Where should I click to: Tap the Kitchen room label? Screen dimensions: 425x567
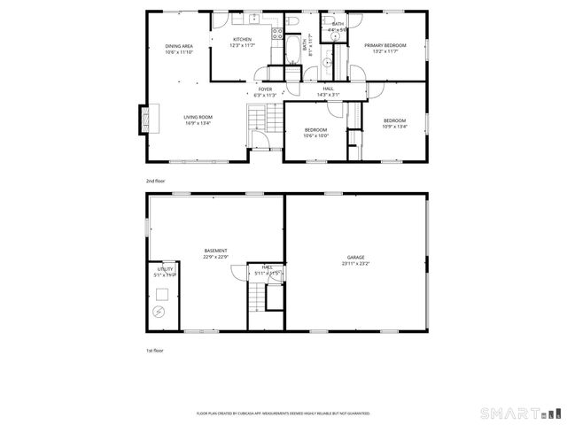[242, 40]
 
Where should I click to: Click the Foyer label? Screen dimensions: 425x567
[265, 89]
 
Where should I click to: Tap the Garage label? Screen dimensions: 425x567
[356, 257]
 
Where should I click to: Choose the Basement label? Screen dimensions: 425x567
[215, 251]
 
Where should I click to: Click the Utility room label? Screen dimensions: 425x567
[165, 267]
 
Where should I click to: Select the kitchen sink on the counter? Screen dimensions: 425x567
[252, 17]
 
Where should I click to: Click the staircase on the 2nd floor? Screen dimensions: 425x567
[258, 116]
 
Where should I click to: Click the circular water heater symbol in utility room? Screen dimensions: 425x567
[159, 312]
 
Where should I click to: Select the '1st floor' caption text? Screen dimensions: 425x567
[155, 351]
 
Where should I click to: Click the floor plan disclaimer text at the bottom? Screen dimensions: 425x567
[283, 413]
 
